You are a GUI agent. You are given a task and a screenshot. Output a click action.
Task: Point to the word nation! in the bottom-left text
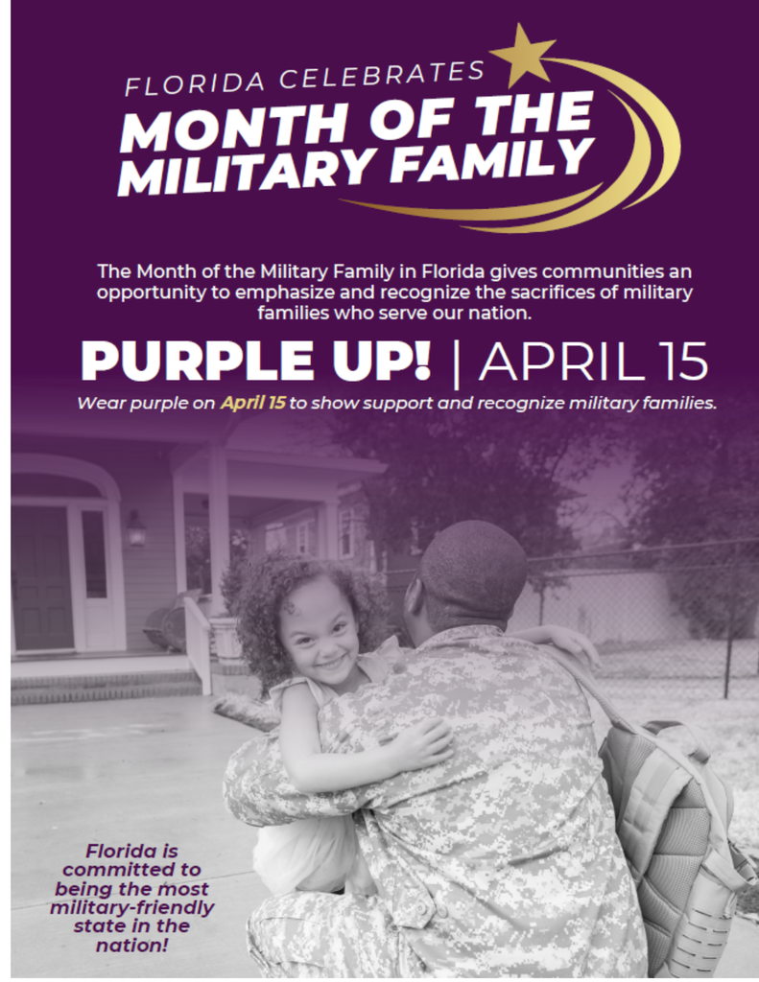(131, 945)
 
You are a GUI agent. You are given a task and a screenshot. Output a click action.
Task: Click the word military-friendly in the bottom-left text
(131, 907)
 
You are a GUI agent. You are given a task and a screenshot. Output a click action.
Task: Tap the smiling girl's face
(320, 630)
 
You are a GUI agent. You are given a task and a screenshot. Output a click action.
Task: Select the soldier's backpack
(672, 825)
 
